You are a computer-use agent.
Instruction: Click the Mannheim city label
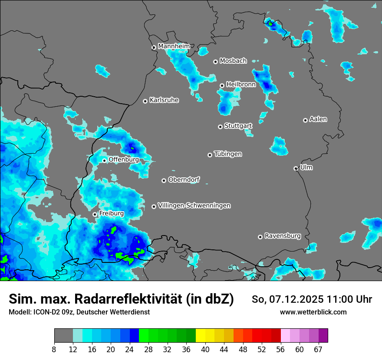pos(174,46)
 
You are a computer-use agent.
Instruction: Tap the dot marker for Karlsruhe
pos(145,101)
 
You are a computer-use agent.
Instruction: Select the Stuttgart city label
pos(238,126)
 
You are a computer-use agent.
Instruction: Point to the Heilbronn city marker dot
pos(222,85)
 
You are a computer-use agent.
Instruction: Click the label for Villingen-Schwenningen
pos(194,206)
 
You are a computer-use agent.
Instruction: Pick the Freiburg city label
pos(111,213)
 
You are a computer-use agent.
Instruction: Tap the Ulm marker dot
pos(296,168)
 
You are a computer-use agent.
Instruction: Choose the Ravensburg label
pos(283,236)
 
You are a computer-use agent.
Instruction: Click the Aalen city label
pos(318,119)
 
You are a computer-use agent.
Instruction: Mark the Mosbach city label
pos(233,61)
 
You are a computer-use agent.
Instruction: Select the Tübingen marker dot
pos(210,155)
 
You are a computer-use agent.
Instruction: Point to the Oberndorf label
pos(184,180)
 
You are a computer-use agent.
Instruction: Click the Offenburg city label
pos(124,160)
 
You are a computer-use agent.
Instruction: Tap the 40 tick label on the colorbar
pos(205,349)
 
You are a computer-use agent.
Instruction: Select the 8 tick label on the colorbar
pos(54,349)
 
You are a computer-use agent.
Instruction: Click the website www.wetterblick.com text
pos(313,312)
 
